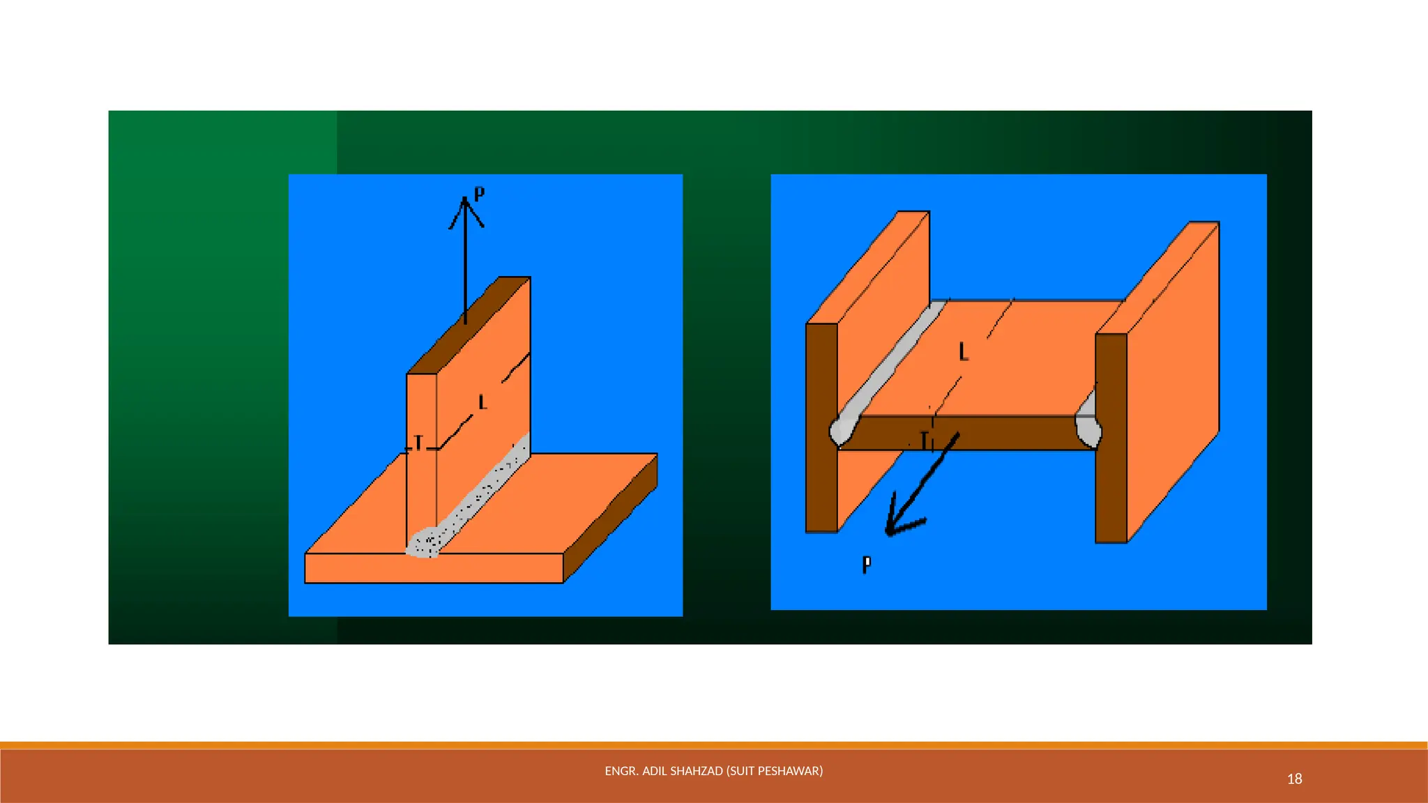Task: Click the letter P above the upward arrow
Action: pos(479,194)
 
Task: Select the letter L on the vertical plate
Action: pos(482,402)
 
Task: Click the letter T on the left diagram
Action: pos(418,443)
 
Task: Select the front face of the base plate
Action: pos(433,568)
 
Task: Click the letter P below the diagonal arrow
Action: pos(867,564)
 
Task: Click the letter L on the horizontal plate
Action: pos(964,352)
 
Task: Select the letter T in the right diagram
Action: pos(924,441)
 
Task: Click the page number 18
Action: pos(1294,779)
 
